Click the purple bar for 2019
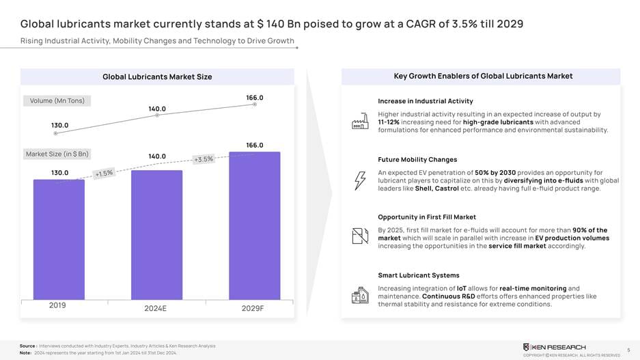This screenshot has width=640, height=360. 59,238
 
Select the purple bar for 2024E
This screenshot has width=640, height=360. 156,234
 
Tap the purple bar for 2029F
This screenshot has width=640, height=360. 254,225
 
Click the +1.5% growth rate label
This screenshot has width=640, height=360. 104,174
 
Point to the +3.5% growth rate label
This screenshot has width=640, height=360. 204,159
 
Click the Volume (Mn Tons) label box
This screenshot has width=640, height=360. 57,101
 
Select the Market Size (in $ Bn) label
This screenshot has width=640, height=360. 57,154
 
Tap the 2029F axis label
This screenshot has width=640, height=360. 253,308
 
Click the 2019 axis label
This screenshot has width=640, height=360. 57,305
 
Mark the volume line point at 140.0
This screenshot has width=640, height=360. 157,115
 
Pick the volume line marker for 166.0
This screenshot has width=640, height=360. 255,105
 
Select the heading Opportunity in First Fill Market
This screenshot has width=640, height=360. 427,217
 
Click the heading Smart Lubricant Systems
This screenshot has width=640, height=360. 419,275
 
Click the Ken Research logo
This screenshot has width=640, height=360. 554,347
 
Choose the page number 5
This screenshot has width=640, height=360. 628,350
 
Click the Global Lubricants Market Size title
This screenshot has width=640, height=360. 157,77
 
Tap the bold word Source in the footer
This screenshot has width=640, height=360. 27,346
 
